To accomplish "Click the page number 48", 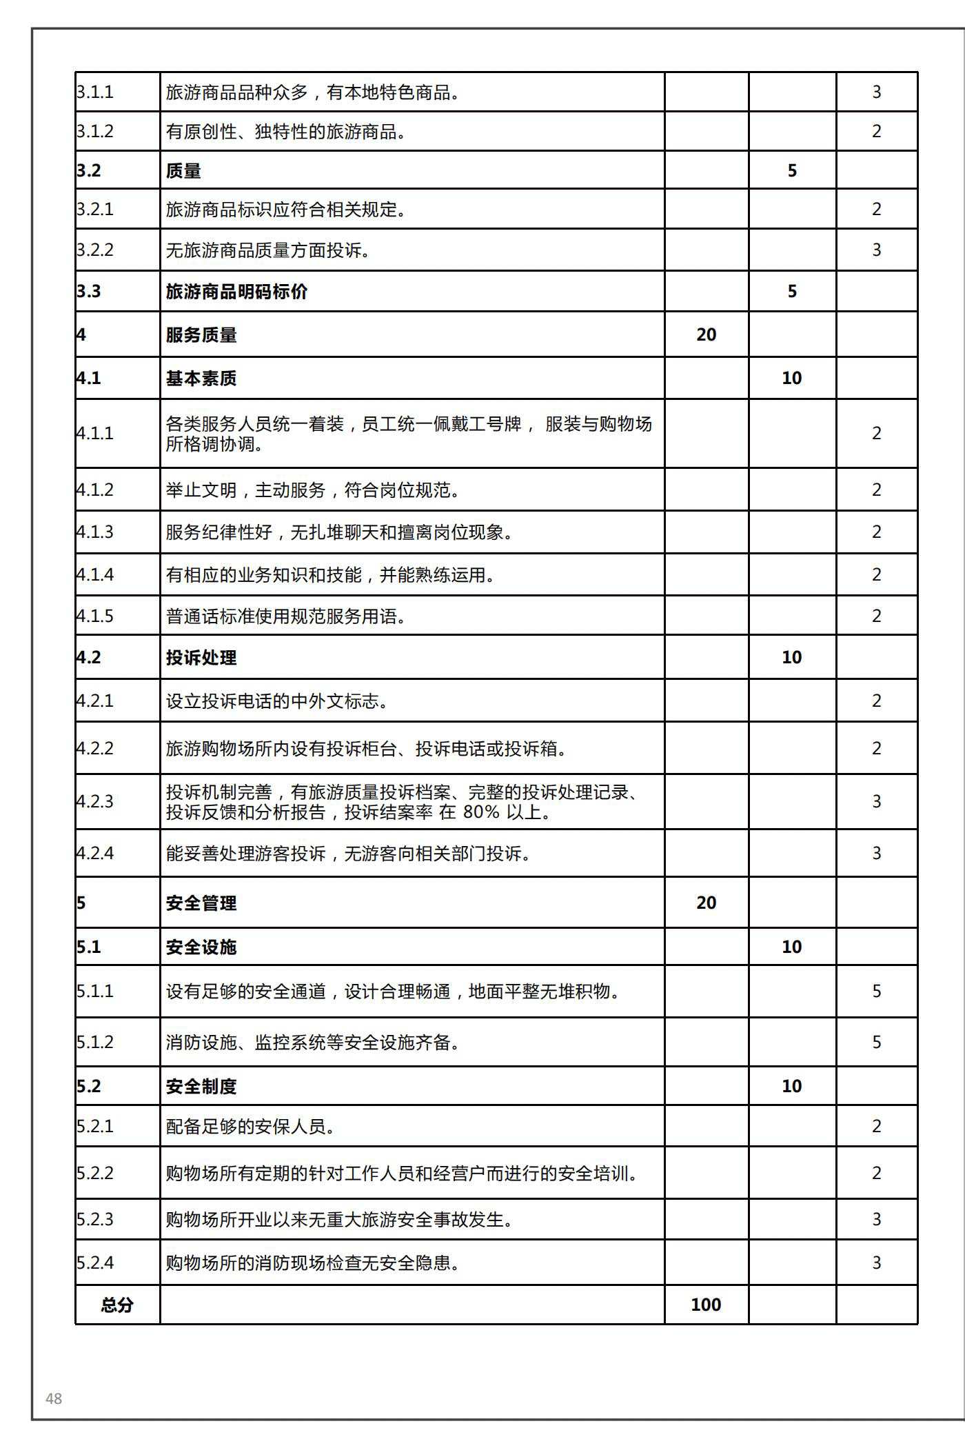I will tap(54, 1398).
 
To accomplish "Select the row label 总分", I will tap(116, 1305).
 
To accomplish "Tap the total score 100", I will tap(706, 1305).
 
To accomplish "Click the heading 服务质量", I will tap(201, 335).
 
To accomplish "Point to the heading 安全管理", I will tap(201, 903).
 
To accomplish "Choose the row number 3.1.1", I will tap(95, 92).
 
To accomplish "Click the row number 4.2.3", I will tap(95, 801).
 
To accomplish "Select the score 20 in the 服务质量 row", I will tap(706, 335).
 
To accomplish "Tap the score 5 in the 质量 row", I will tap(792, 170).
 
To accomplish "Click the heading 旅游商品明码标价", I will tap(236, 292).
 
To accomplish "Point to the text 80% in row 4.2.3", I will tap(481, 812).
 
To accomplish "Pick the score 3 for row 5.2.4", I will tap(876, 1263).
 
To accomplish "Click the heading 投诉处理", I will tap(201, 658).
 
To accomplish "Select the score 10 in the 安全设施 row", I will tap(791, 947).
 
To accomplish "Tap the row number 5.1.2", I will tap(95, 1042).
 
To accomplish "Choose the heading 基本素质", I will tap(201, 379).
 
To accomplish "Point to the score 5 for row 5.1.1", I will tap(876, 991).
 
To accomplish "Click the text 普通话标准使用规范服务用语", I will tap(285, 616).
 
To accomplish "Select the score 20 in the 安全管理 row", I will tap(706, 903).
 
